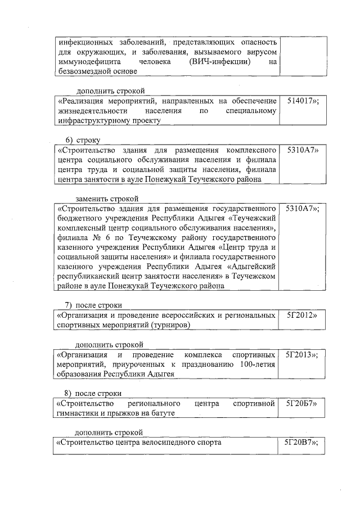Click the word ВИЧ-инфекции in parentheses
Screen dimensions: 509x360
(220, 62)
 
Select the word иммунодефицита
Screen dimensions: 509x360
(85, 62)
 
